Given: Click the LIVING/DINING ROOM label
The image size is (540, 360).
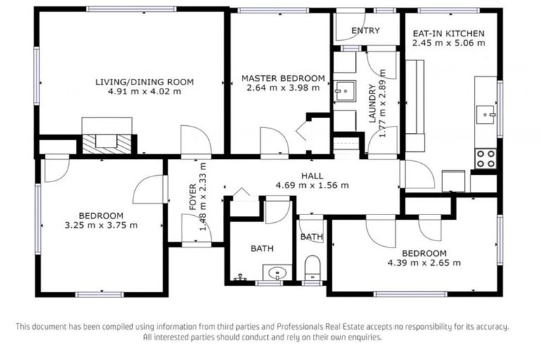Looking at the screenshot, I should click(x=144, y=82).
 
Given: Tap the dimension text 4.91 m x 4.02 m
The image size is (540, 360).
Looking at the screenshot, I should click(x=144, y=91).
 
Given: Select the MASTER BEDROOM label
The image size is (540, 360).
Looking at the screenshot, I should click(x=283, y=78).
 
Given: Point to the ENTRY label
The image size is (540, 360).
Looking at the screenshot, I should click(x=365, y=30).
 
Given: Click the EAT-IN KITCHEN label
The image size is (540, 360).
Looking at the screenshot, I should click(x=448, y=33).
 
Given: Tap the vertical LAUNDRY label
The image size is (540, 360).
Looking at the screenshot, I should click(x=373, y=104).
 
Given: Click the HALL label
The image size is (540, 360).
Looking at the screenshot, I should click(x=312, y=176).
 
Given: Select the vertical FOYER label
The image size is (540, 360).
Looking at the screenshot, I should click(x=193, y=197).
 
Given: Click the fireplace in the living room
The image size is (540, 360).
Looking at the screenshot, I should click(x=106, y=140).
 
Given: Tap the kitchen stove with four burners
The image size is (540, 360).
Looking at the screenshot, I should click(x=485, y=158).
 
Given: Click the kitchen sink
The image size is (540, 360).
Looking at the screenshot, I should click(x=486, y=113).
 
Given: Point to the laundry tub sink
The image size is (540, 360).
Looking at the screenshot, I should click(x=345, y=91).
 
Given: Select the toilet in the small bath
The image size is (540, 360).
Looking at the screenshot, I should click(x=313, y=266).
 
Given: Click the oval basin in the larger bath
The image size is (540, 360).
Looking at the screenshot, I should click(x=276, y=273).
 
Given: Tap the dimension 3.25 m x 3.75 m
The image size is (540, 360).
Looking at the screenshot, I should click(x=102, y=225).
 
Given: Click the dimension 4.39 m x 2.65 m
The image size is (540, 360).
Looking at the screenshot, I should click(x=425, y=263).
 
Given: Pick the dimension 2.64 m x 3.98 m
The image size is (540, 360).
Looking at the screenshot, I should click(x=283, y=88).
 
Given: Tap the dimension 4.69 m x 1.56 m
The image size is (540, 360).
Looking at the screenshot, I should click(x=312, y=186).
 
